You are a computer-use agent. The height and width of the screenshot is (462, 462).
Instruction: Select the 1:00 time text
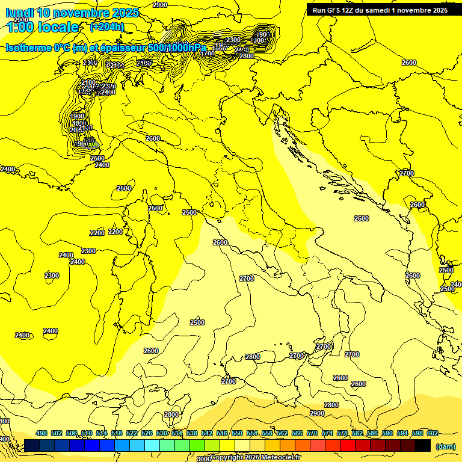point(20,27)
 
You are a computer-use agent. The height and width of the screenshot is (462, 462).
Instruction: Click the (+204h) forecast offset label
point(107,27)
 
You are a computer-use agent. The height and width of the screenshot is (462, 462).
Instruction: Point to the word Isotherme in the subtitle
point(28,48)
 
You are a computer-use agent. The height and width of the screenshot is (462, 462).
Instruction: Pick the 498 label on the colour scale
point(42,433)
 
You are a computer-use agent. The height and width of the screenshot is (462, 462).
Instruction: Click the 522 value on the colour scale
point(132,433)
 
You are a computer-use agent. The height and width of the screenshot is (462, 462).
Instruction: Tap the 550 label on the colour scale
point(237,433)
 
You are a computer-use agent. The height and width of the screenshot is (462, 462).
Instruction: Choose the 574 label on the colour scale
point(327,433)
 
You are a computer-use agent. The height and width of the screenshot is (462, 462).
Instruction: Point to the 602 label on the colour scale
point(433,433)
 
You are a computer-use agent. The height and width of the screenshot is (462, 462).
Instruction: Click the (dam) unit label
point(446,446)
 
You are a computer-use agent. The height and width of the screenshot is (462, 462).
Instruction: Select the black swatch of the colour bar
point(423,445)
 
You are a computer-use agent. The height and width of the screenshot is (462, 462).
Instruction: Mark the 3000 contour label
point(204,458)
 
